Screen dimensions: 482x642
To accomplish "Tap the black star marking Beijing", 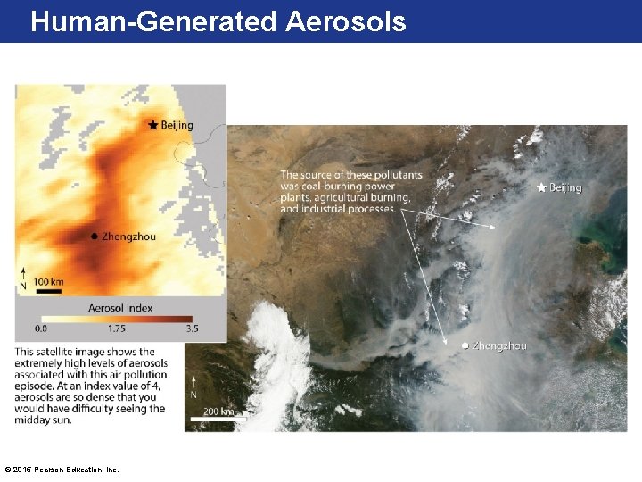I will click(x=152, y=125).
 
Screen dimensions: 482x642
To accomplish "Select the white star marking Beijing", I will click(x=541, y=187).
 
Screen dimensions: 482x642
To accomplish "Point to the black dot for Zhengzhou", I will click(x=94, y=237).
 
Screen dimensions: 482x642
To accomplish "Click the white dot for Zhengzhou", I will click(x=465, y=345).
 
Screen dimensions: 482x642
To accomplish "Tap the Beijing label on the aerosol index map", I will click(x=177, y=126).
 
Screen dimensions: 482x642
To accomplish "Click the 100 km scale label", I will click(x=49, y=282).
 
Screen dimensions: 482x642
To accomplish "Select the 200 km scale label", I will click(x=218, y=411).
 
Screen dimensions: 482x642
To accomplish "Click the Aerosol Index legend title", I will click(x=120, y=308).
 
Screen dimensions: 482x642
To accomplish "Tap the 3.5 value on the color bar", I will click(x=192, y=329).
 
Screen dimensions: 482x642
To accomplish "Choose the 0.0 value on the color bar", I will click(x=41, y=329).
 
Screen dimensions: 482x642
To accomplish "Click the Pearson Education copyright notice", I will click(x=62, y=470).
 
